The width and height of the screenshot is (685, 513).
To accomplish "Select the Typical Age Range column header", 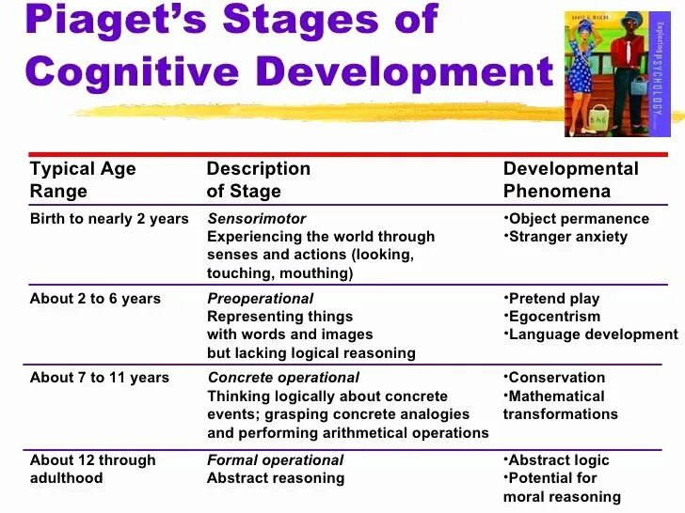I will (x=83, y=179).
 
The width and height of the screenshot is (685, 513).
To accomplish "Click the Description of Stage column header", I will (x=258, y=179).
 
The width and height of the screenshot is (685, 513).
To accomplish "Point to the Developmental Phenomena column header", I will (x=570, y=179).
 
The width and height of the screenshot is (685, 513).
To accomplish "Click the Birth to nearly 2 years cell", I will (x=109, y=219).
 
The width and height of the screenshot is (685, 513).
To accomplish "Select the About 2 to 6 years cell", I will (x=95, y=299).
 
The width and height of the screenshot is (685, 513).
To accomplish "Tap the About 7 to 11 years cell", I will (x=100, y=378).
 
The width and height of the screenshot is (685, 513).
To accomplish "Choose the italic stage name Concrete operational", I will (x=283, y=378).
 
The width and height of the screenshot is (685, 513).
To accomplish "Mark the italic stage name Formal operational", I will (x=276, y=460).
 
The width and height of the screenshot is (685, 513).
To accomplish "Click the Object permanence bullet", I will (x=578, y=219).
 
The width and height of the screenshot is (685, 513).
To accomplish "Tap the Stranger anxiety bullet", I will (x=567, y=237).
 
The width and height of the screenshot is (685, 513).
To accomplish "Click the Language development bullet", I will (x=592, y=334).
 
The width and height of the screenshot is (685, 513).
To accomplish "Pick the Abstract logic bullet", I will (x=558, y=460).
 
